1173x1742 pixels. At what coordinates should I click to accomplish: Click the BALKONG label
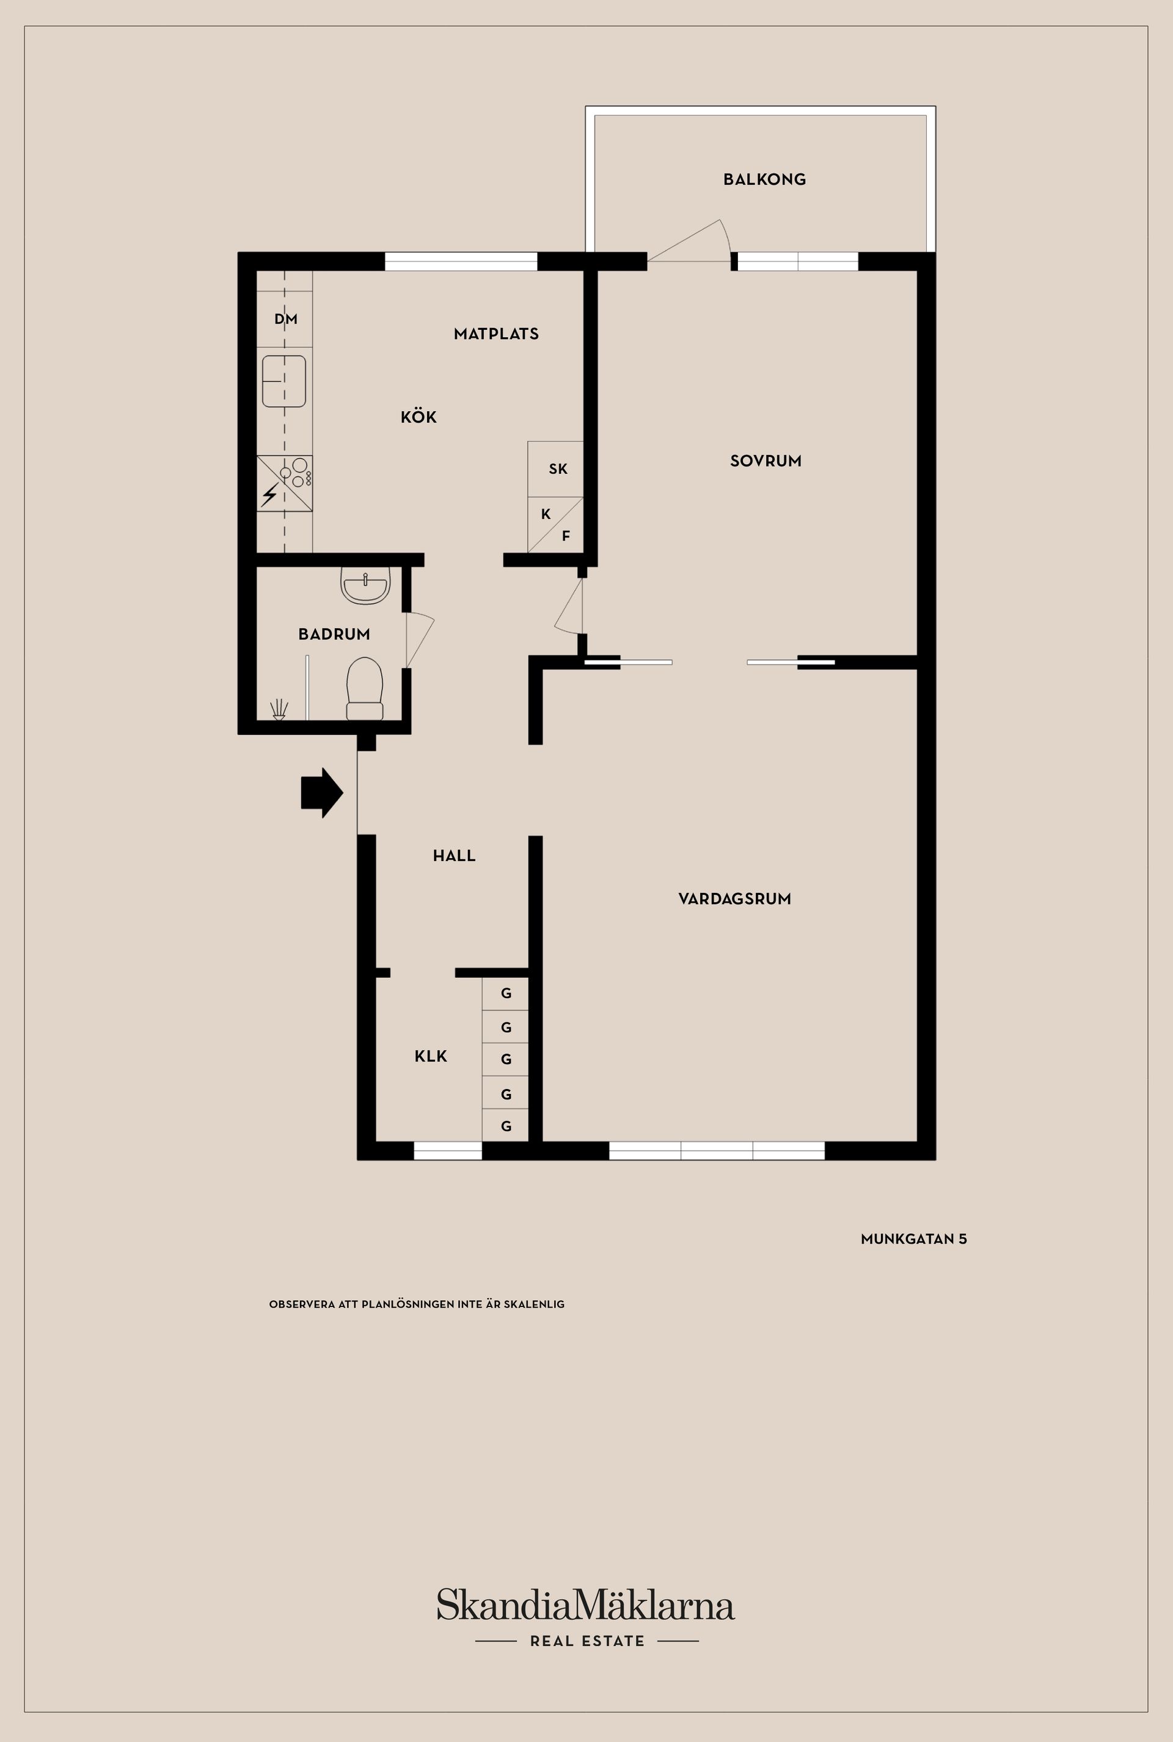coord(764,180)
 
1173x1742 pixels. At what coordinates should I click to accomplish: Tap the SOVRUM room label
coord(766,461)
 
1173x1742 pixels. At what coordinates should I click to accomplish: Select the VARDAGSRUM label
coord(734,899)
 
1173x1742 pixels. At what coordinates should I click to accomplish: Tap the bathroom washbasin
coord(365,584)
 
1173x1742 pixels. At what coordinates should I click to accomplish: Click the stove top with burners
coord(285,483)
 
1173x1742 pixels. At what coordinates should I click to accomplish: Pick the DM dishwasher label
coord(286,319)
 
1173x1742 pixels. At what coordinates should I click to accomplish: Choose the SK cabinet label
coord(558,469)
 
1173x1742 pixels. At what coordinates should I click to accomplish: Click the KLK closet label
coord(431,1056)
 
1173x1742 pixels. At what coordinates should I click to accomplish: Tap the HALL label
coord(454,856)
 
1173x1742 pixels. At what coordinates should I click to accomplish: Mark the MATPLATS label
coord(496,334)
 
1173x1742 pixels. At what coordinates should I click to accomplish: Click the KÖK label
coord(418,417)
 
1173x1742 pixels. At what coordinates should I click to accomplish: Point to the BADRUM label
coord(334,634)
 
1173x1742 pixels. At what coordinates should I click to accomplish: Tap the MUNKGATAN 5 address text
coord(913,1239)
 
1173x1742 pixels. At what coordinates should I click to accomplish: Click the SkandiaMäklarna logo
coord(586,1606)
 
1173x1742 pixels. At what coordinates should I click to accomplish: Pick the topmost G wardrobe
coord(506,994)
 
